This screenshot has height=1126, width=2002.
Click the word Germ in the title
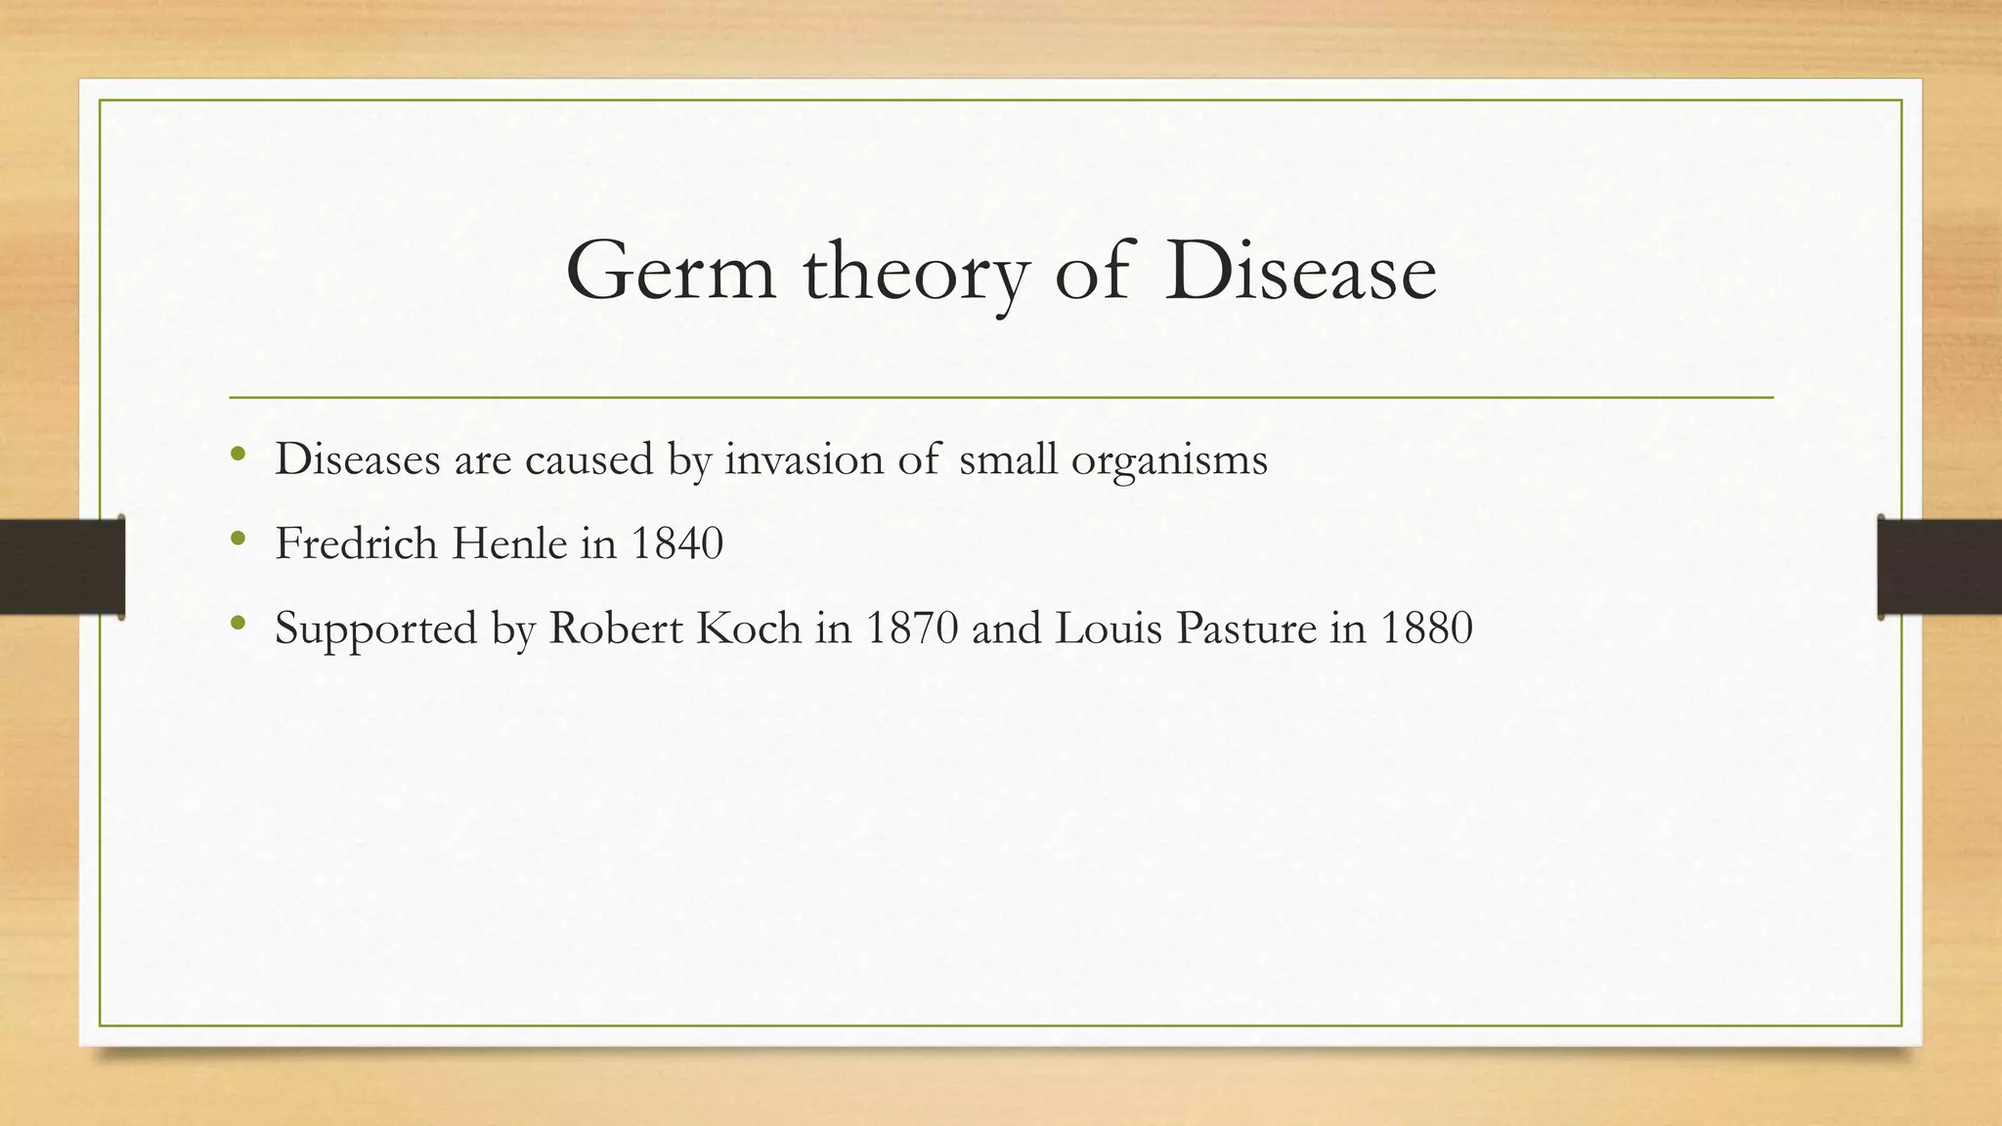click(671, 271)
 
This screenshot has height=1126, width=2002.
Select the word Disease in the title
click(1300, 271)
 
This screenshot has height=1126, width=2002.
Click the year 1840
click(676, 543)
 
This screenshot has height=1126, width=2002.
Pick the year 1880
click(1426, 628)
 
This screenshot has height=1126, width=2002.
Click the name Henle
click(508, 543)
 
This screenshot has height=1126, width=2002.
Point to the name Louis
click(1110, 628)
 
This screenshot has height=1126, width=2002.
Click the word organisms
click(1169, 460)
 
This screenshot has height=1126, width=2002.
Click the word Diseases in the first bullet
click(358, 458)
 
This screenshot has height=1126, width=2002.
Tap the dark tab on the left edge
click(62, 567)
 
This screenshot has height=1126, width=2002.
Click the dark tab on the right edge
click(1939, 567)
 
